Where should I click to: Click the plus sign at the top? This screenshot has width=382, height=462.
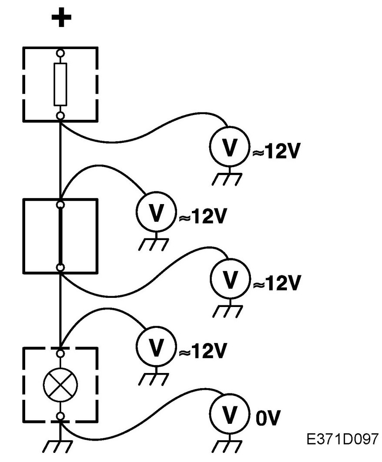click(61, 17)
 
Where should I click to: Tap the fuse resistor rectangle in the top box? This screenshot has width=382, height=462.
click(60, 84)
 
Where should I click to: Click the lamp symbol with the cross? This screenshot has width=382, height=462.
click(60, 385)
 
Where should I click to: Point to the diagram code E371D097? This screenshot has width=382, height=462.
click(342, 439)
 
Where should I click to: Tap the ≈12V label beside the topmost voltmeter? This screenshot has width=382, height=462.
click(276, 152)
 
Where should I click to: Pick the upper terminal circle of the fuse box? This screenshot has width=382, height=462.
click(60, 53)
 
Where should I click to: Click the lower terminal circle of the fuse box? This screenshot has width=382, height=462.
click(60, 115)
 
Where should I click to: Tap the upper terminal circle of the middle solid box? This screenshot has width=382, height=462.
click(60, 205)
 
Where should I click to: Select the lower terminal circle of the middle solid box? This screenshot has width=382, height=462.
click(60, 267)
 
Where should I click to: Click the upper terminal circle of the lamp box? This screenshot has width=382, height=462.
click(60, 353)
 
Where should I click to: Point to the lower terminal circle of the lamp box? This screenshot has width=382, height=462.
click(60, 416)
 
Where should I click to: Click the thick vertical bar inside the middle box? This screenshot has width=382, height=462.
click(60, 236)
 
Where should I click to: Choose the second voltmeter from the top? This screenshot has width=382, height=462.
click(156, 211)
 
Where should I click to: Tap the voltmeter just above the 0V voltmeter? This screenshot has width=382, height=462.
click(156, 346)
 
